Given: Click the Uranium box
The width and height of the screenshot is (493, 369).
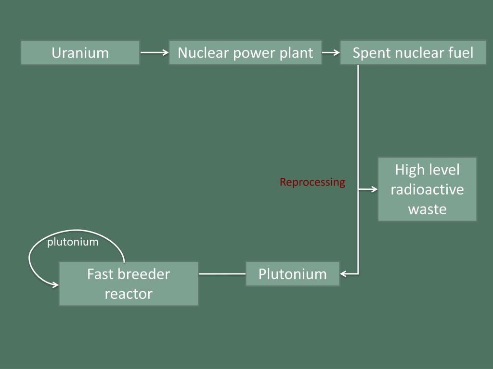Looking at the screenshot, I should tap(80, 53).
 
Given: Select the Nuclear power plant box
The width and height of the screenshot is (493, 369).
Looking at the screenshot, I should tap(245, 53).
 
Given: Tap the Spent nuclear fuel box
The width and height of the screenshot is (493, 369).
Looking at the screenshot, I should tap(413, 53).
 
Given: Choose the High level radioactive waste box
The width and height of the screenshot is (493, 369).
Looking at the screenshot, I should tap(427, 189).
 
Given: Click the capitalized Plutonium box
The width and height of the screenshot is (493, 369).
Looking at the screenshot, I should tap(292, 274).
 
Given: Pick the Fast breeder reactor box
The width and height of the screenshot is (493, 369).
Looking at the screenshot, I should tap(129, 283).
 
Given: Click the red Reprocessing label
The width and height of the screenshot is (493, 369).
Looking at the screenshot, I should tap(312, 182).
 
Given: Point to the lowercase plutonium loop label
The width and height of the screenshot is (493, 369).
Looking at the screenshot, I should tap(73, 242).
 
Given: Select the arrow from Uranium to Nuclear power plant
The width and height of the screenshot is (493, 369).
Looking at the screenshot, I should tap(154, 53).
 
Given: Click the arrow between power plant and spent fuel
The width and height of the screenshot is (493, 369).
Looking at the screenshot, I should tap(331, 53).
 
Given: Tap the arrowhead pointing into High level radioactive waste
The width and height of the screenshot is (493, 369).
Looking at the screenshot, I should tap(374, 189).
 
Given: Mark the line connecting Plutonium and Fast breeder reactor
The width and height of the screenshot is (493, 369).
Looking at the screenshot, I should tap(222, 274).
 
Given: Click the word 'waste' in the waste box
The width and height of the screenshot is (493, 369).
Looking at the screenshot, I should tap(427, 209).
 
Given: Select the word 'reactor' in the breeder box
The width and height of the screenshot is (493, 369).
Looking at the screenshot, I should tap(129, 294).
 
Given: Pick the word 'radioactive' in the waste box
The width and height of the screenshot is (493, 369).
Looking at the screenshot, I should tap(427, 189).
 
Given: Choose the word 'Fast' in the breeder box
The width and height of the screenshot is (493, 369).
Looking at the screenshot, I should tap(102, 274).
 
